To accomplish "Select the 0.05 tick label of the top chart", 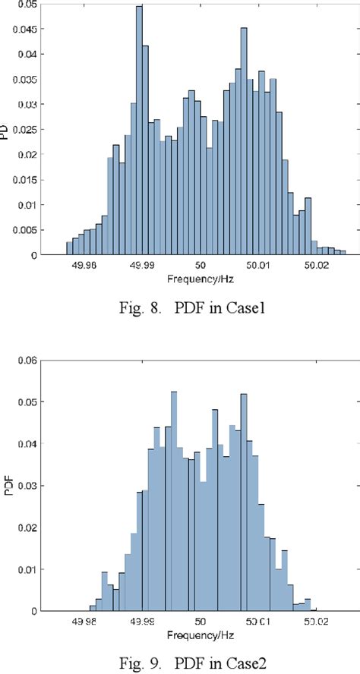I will [x=28, y=4].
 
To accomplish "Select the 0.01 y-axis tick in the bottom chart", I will [x=28, y=569].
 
